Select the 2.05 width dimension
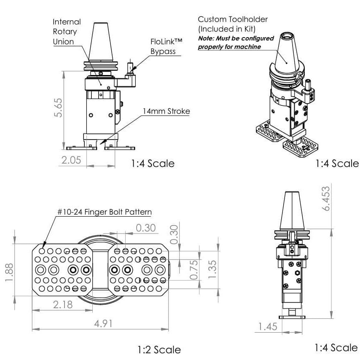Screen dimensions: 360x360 (x=70, y=160)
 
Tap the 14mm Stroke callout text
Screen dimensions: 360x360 (x=166, y=112)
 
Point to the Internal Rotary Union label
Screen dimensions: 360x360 (x=66, y=32)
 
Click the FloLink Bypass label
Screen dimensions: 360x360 (x=166, y=46)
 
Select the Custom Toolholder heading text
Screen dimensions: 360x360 (x=233, y=23)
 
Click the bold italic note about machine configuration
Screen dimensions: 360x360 (x=236, y=42)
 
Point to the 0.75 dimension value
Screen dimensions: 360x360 (x=193, y=270)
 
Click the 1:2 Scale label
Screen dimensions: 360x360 (x=159, y=349)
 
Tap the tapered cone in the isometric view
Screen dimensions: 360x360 (x=287, y=55)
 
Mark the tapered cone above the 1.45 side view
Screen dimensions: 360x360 (x=292, y=211)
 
